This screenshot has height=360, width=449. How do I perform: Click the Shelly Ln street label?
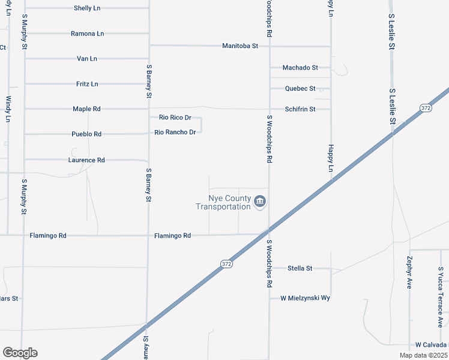pyautogui.click(x=88, y=8)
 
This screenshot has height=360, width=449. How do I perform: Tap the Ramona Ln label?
pyautogui.click(x=87, y=34)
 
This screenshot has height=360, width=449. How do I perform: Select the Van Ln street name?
pyautogui.click(x=87, y=59)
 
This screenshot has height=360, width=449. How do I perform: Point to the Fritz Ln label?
pyautogui.click(x=87, y=84)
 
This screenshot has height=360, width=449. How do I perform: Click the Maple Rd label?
pyautogui.click(x=86, y=109)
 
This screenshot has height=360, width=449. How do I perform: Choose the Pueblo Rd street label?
pyautogui.click(x=86, y=134)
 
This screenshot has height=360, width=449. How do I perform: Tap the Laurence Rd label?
pyautogui.click(x=86, y=160)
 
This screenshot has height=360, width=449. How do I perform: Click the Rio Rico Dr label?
pyautogui.click(x=175, y=118)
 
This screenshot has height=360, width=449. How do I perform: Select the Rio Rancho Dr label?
pyautogui.click(x=175, y=132)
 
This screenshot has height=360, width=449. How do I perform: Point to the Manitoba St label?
pyautogui.click(x=240, y=46)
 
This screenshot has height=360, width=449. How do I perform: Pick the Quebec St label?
pyautogui.click(x=300, y=89)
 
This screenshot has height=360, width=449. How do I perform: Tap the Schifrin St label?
pyautogui.click(x=300, y=109)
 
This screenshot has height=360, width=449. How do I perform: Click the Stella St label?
pyautogui.click(x=300, y=268)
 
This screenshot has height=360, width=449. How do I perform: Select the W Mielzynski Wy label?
pyautogui.click(x=306, y=298)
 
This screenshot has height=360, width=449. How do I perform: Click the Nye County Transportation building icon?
pyautogui.click(x=260, y=202)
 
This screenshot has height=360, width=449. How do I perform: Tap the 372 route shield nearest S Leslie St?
pyautogui.click(x=426, y=108)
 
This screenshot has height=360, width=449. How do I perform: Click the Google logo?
pyautogui.click(x=20, y=353)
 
